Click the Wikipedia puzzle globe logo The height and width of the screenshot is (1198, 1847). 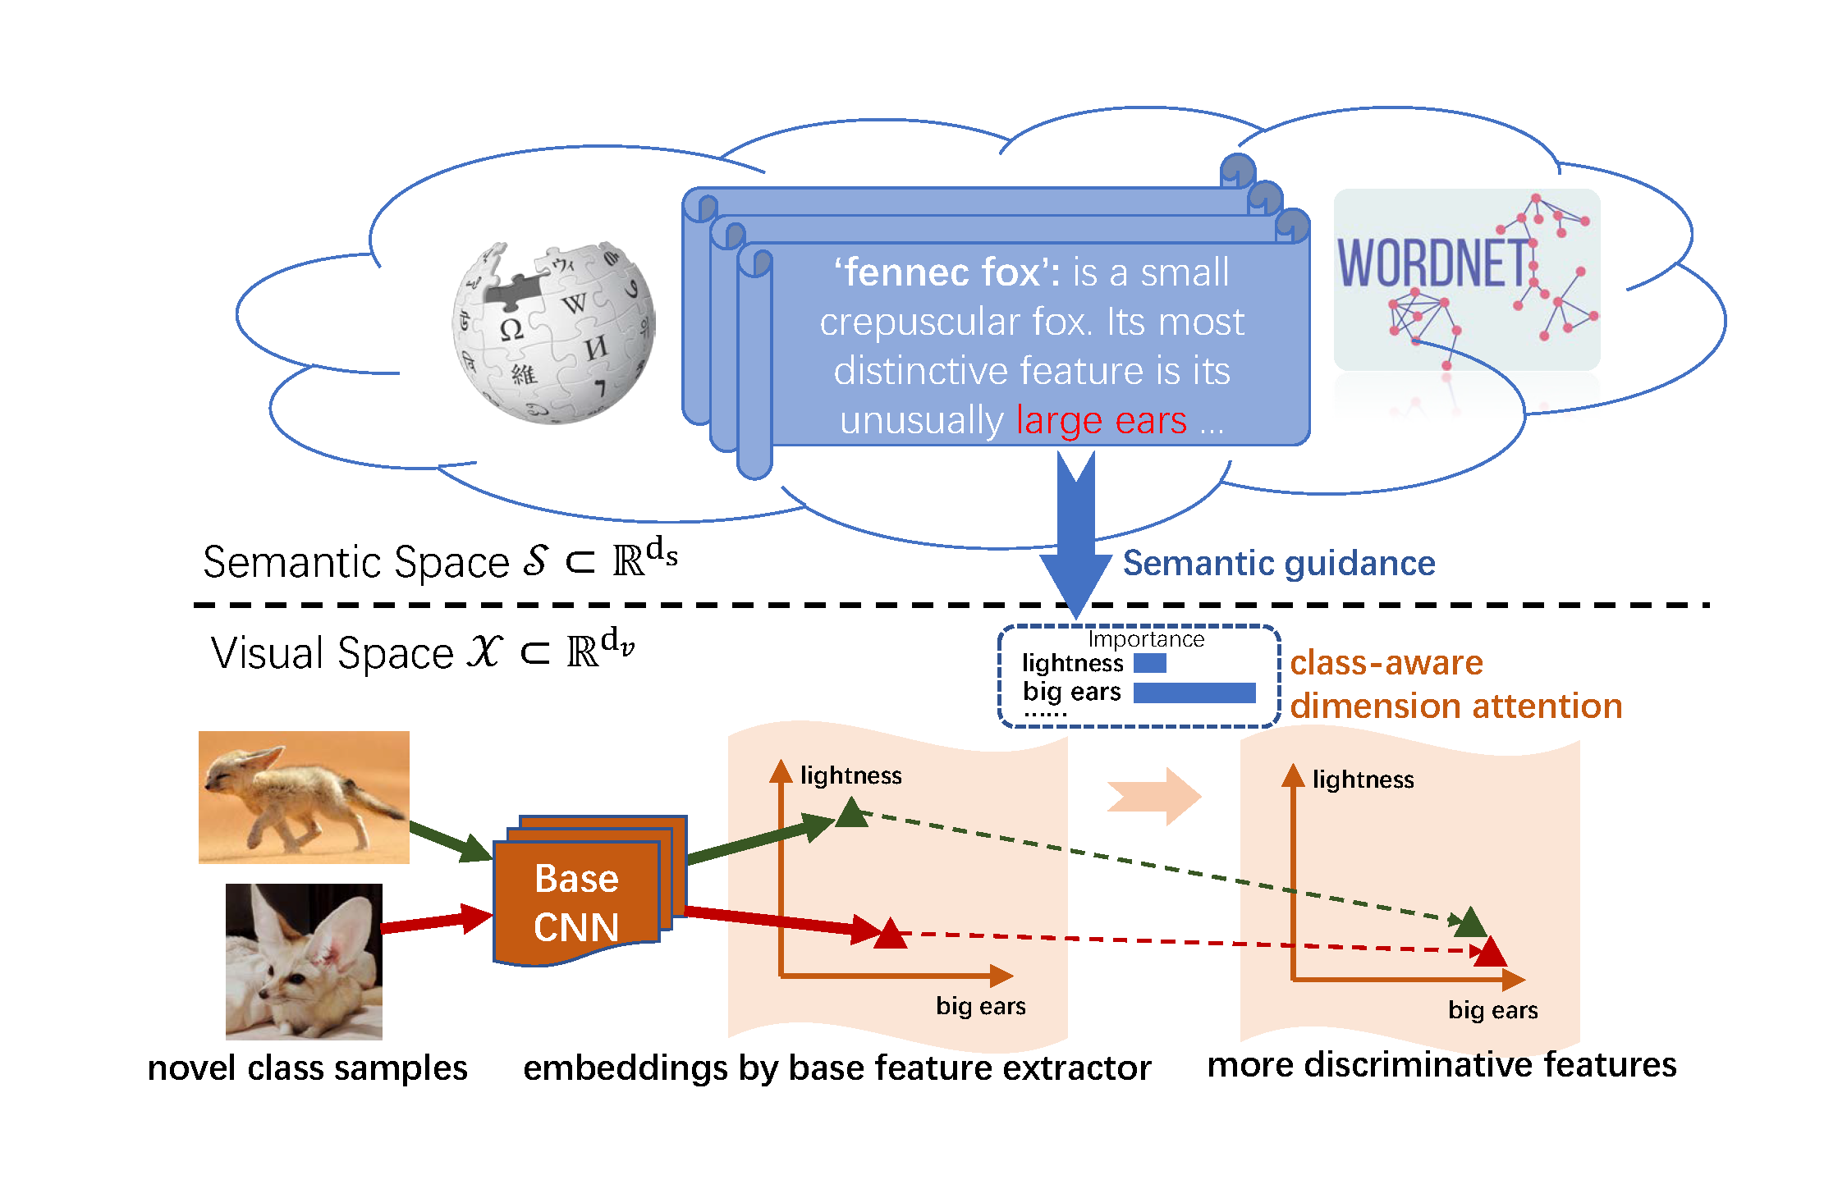click(553, 332)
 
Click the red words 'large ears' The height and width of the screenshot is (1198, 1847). click(1101, 420)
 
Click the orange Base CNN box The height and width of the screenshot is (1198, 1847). click(576, 902)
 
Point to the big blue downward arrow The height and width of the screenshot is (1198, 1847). click(1075, 542)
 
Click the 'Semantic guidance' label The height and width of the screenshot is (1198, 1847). click(1278, 564)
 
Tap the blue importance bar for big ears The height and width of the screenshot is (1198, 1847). click(1194, 693)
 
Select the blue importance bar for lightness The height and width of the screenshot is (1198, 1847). click(1149, 663)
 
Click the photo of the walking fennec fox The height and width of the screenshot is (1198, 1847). click(304, 797)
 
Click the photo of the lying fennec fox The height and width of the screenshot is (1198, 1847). click(304, 961)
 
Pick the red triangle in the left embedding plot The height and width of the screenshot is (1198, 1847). click(890, 935)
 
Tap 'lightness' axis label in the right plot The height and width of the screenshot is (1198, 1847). click(1363, 780)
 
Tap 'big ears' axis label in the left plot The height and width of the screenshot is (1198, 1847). click(980, 1006)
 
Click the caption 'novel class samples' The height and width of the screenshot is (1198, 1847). click(307, 1068)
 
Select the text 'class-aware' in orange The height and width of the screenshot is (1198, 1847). click(1386, 663)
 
